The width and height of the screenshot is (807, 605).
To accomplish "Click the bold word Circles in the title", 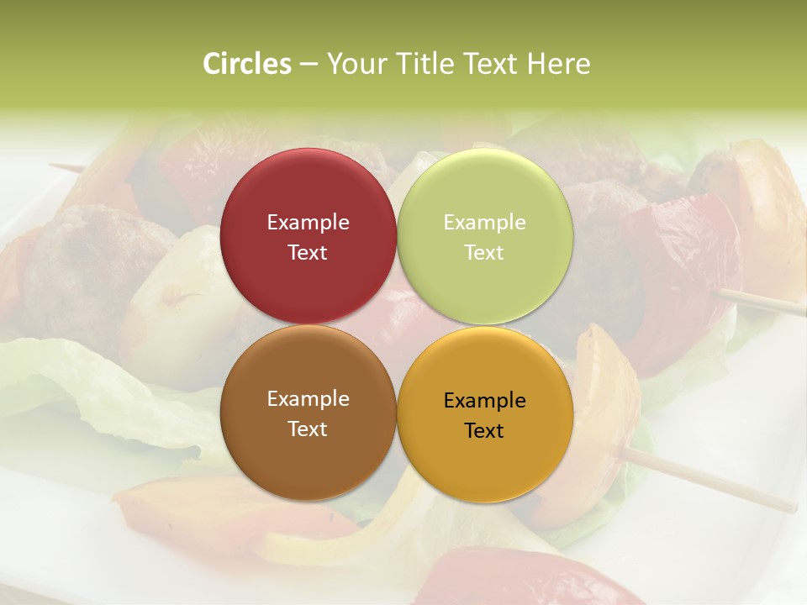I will pos(247,64).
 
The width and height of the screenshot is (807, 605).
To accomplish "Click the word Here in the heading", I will pos(558,64).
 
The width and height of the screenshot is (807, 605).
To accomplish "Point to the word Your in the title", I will pos(354,64).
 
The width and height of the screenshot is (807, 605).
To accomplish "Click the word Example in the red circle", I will pos(308,223).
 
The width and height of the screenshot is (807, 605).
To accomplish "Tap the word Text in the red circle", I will pos(308,253).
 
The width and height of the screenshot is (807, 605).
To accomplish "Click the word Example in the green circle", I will pos(484,223).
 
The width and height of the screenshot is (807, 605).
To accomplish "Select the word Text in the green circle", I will pos(484,253).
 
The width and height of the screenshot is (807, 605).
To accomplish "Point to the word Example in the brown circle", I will pos(308,399).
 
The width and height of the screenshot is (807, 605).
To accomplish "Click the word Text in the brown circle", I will pos(308,429).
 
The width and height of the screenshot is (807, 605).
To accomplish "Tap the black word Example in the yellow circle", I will pos(484,401).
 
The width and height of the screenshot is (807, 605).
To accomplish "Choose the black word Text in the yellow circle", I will pos(484,431).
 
